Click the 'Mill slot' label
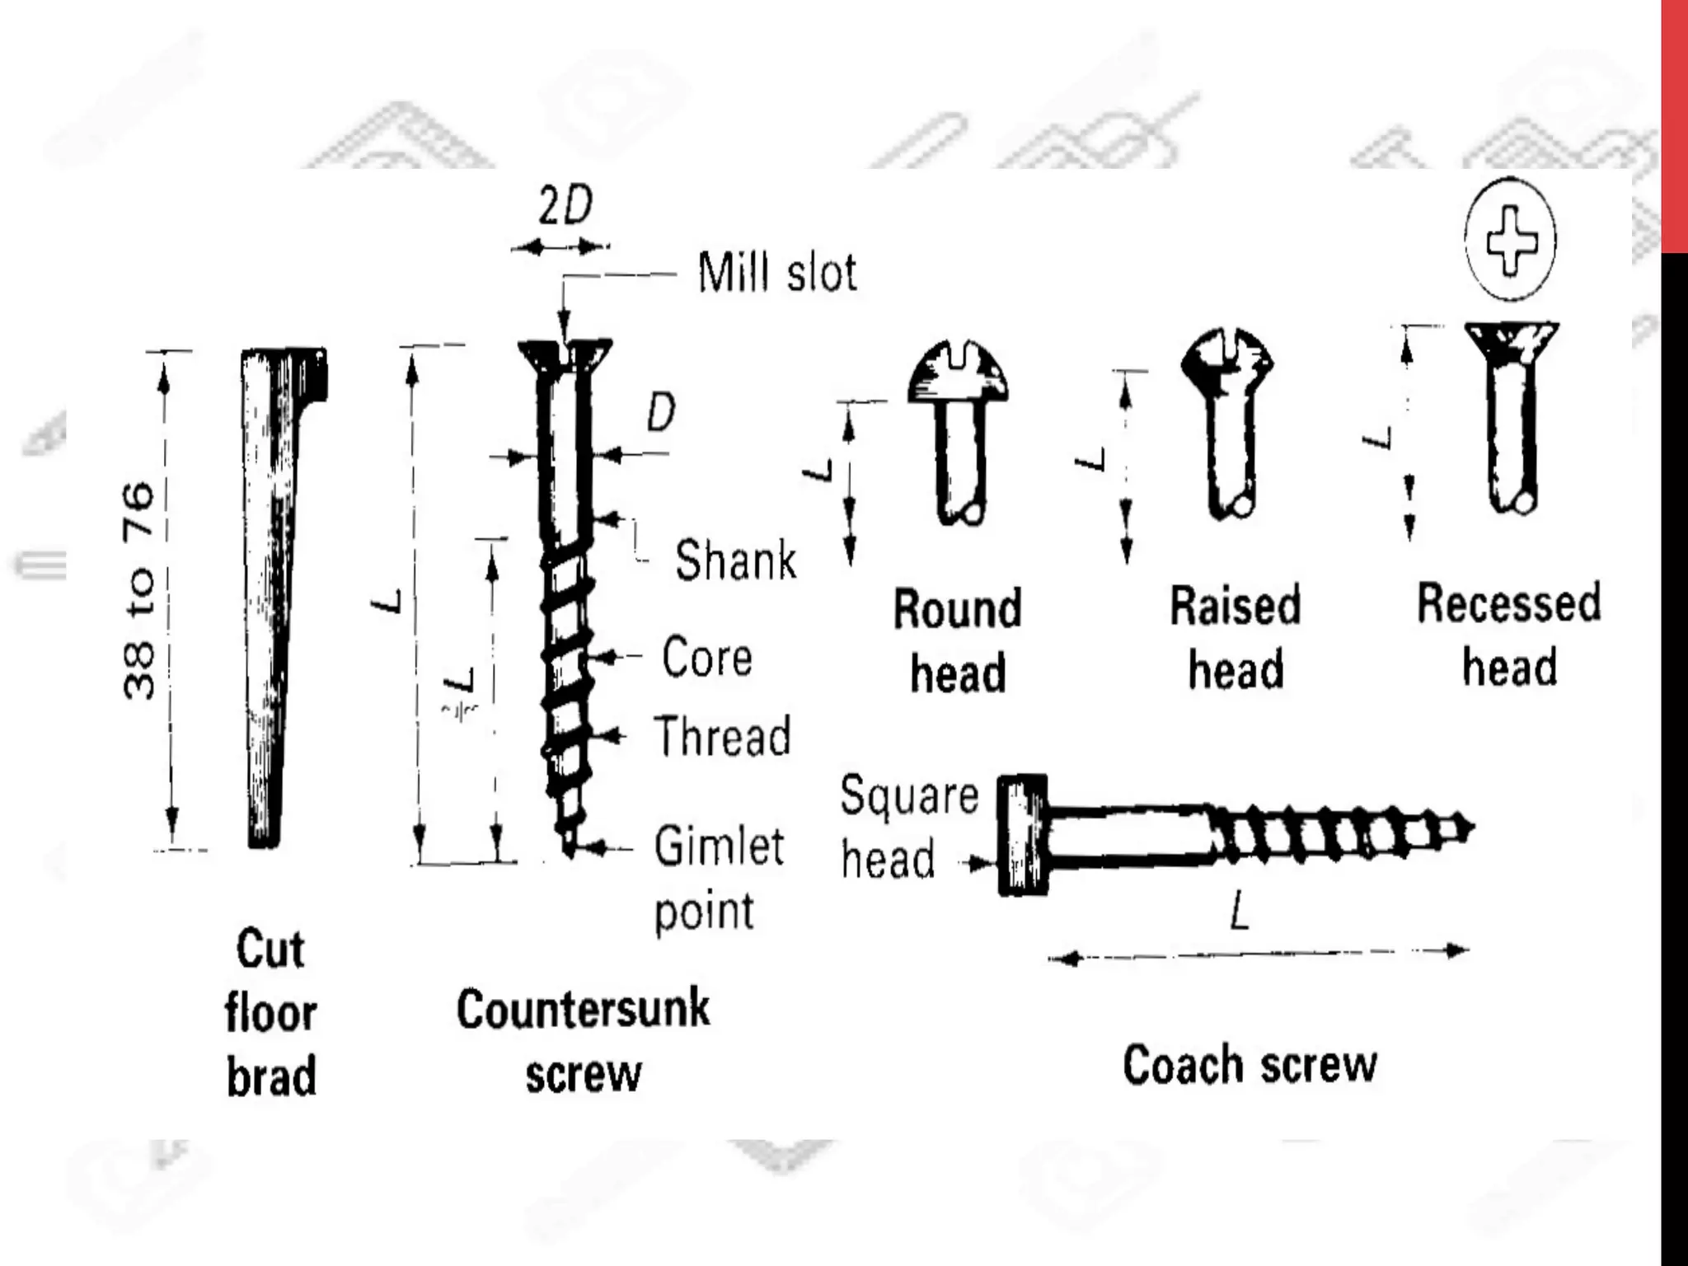click(776, 272)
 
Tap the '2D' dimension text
click(565, 205)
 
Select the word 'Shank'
click(735, 560)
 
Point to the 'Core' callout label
click(707, 657)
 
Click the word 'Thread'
click(722, 736)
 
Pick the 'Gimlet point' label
click(717, 878)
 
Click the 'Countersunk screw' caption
click(583, 1041)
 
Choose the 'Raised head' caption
click(1236, 637)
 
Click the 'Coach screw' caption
click(1250, 1064)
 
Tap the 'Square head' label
click(908, 827)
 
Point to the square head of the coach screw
click(1023, 834)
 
